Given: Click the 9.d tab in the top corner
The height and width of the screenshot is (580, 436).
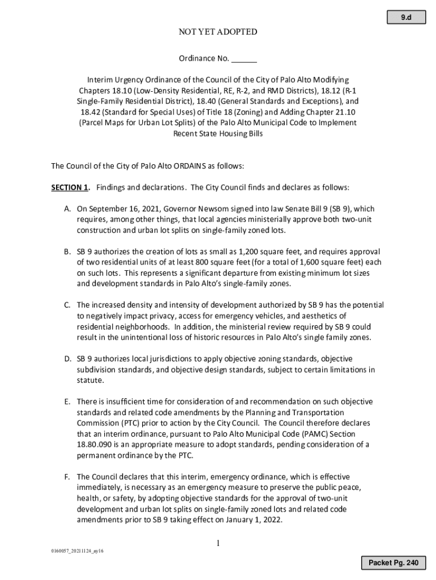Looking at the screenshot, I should (x=406, y=19).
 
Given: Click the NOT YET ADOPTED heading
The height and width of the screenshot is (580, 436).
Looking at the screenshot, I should (x=217, y=32).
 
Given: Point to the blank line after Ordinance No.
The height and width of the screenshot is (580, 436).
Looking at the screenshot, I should (x=244, y=59).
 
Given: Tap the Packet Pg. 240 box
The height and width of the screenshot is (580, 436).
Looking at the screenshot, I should (x=394, y=562).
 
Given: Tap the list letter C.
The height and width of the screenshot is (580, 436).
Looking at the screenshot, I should (x=67, y=305).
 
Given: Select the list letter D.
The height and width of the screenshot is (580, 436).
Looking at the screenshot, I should (x=67, y=359).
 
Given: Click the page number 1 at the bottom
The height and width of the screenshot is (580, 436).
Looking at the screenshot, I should (x=217, y=544).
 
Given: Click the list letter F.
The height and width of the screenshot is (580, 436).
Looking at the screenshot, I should (x=67, y=477).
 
